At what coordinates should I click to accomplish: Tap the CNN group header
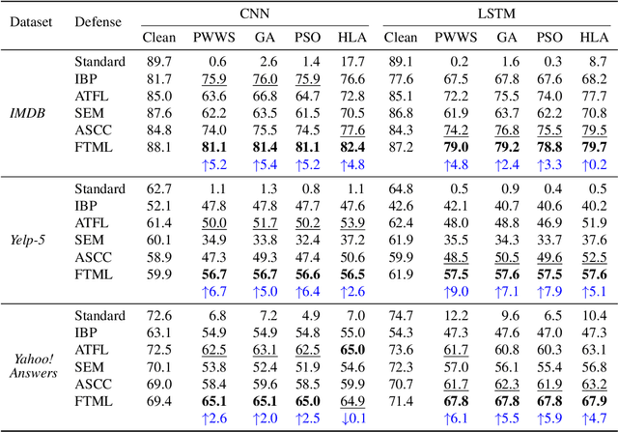253,13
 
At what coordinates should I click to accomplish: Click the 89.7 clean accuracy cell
159,62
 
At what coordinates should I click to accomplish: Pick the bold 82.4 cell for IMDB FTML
352,147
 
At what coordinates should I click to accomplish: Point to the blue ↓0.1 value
352,418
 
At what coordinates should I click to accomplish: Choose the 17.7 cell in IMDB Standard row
352,62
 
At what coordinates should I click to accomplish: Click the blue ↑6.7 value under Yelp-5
213,291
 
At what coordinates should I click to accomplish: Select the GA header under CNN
264,38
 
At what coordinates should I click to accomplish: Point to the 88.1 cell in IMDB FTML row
159,147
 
